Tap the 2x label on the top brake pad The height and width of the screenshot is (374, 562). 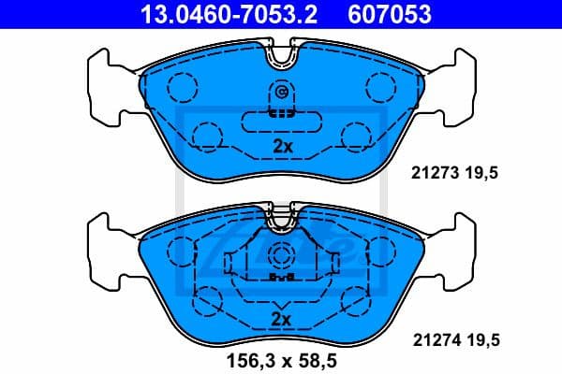[282, 146]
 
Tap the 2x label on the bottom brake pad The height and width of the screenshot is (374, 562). [282, 319]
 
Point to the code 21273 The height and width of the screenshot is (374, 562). [432, 172]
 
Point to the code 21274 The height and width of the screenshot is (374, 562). [432, 342]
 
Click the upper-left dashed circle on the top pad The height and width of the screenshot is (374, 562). [183, 88]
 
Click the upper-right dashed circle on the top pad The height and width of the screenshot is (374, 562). [381, 88]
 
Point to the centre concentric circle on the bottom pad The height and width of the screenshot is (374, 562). [281, 257]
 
